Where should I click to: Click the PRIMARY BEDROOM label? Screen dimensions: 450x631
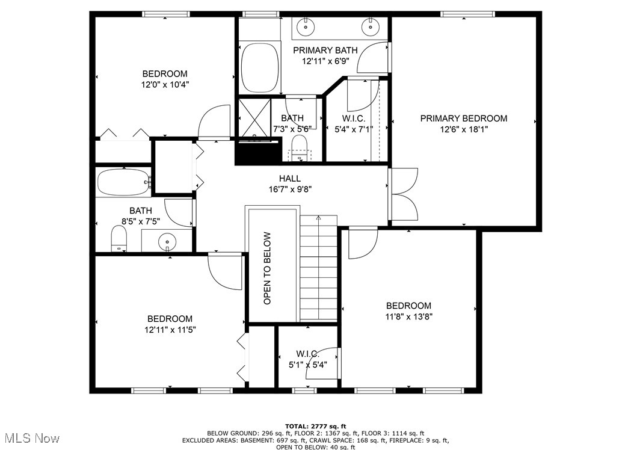463,119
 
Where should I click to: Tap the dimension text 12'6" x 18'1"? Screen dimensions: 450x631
463,129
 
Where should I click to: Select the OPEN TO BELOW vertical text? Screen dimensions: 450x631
267,268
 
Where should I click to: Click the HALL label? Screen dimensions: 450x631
289,179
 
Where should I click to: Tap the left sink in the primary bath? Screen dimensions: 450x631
307,26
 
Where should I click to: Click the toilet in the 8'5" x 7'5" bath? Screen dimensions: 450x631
120,239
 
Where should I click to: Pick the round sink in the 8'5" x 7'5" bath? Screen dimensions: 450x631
167,242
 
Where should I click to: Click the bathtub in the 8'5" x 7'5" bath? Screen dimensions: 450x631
123,182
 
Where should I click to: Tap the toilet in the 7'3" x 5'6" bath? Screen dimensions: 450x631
298,147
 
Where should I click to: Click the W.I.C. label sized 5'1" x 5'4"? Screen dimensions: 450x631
307,354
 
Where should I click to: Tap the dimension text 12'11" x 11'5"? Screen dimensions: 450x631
170,330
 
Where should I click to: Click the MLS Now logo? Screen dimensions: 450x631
30,437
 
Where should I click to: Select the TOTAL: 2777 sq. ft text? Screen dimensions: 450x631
315,426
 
